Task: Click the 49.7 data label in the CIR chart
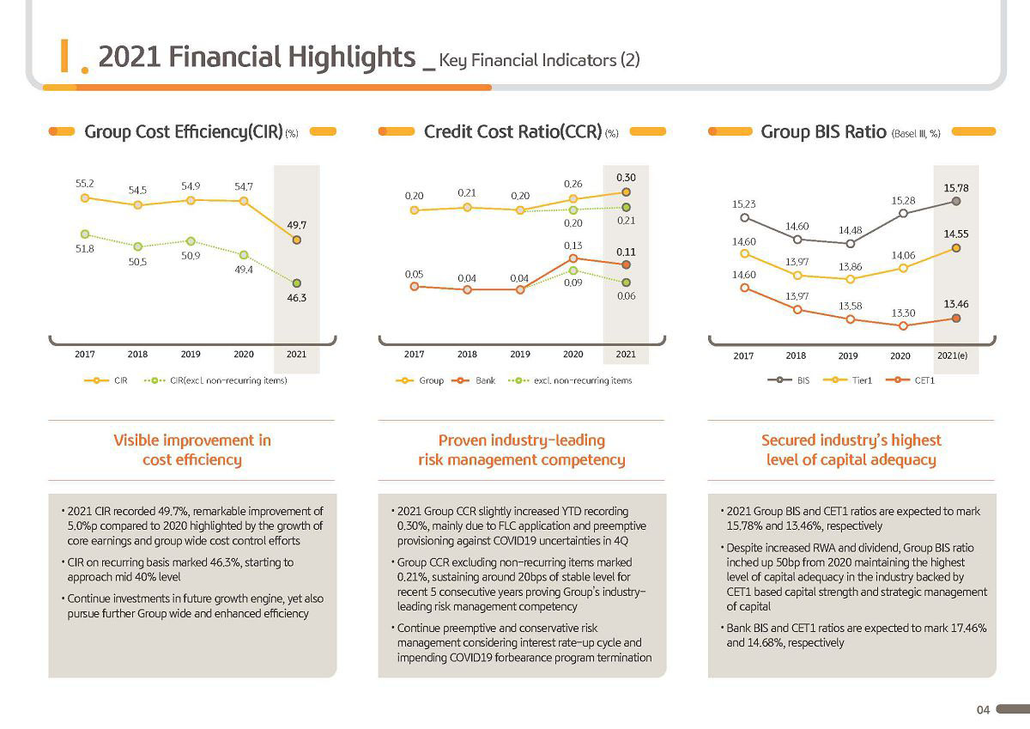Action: pos(297,225)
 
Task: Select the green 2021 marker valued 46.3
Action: pos(297,282)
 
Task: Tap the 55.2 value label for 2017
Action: pos(85,184)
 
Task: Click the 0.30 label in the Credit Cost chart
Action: pos(626,178)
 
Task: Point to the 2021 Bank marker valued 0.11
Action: pos(626,264)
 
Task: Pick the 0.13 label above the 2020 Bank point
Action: pos(573,246)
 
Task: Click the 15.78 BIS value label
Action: pos(956,188)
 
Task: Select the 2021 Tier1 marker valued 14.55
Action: pos(956,248)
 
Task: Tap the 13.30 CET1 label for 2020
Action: pos(903,313)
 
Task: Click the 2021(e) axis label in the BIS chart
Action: pos(952,355)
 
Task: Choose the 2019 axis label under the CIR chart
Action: pos(191,354)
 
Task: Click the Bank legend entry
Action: pos(474,380)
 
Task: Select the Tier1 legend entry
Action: pos(847,380)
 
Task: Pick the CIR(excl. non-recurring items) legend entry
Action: pos(215,380)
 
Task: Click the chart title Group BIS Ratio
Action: pos(823,131)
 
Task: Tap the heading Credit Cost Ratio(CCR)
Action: pos(512,131)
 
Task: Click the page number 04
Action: pos(983,710)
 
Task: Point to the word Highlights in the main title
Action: pos(352,57)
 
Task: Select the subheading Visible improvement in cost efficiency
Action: pos(192,450)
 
